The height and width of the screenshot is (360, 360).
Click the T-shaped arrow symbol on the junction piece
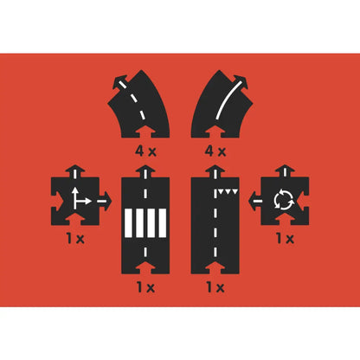point(79,198)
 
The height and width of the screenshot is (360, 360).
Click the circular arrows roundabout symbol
point(282,200)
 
